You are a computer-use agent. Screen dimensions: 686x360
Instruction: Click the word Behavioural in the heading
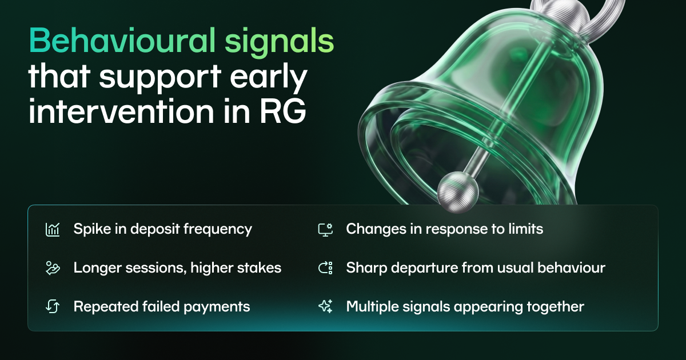click(122, 41)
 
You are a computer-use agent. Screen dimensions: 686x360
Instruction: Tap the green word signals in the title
click(280, 43)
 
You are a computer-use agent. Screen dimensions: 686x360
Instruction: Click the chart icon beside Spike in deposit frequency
click(53, 230)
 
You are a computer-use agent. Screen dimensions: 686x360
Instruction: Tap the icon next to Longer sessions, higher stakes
click(53, 268)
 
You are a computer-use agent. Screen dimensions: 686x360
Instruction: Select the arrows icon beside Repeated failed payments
click(53, 306)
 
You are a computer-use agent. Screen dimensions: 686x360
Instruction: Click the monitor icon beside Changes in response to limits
click(325, 230)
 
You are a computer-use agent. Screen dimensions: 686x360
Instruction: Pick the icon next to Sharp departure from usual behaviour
click(325, 268)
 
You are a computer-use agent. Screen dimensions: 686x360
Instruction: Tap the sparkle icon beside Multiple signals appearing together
click(325, 306)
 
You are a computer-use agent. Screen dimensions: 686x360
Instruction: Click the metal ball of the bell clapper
click(458, 192)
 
